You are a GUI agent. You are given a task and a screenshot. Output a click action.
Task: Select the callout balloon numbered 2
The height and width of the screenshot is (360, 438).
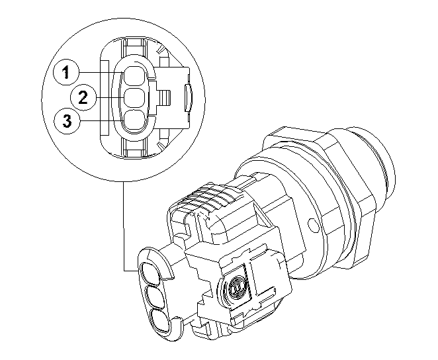(x=83, y=98)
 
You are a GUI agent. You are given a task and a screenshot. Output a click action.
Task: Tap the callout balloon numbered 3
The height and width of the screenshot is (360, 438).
(x=67, y=122)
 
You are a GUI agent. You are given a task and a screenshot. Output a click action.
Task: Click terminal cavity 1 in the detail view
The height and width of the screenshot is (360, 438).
(x=135, y=74)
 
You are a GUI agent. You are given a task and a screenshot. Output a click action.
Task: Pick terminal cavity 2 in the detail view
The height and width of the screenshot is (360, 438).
(x=135, y=98)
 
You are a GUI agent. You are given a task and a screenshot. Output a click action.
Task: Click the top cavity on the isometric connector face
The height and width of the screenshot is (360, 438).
(x=150, y=272)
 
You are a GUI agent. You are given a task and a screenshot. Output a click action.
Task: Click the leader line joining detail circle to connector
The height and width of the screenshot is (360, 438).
(x=124, y=232)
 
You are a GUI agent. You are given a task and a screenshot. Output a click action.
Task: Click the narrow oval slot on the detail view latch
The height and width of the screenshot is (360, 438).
(x=187, y=97)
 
